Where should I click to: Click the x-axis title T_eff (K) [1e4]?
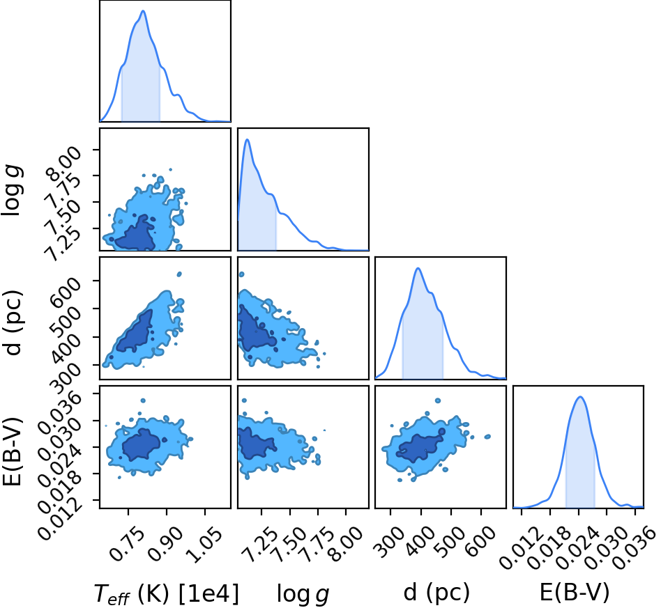pyautogui.click(x=167, y=593)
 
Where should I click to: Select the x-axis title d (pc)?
pyautogui.click(x=436, y=593)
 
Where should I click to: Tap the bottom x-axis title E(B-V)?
pyautogui.click(x=575, y=593)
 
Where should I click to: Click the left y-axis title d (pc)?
pyautogui.click(x=13, y=322)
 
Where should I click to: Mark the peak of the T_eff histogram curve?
pyautogui.click(x=143, y=10)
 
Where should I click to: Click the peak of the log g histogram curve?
pyautogui.click(x=247, y=139)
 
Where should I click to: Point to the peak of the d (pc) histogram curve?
pyautogui.click(x=418, y=268)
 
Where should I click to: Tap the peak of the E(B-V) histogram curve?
pyautogui.click(x=580, y=396)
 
